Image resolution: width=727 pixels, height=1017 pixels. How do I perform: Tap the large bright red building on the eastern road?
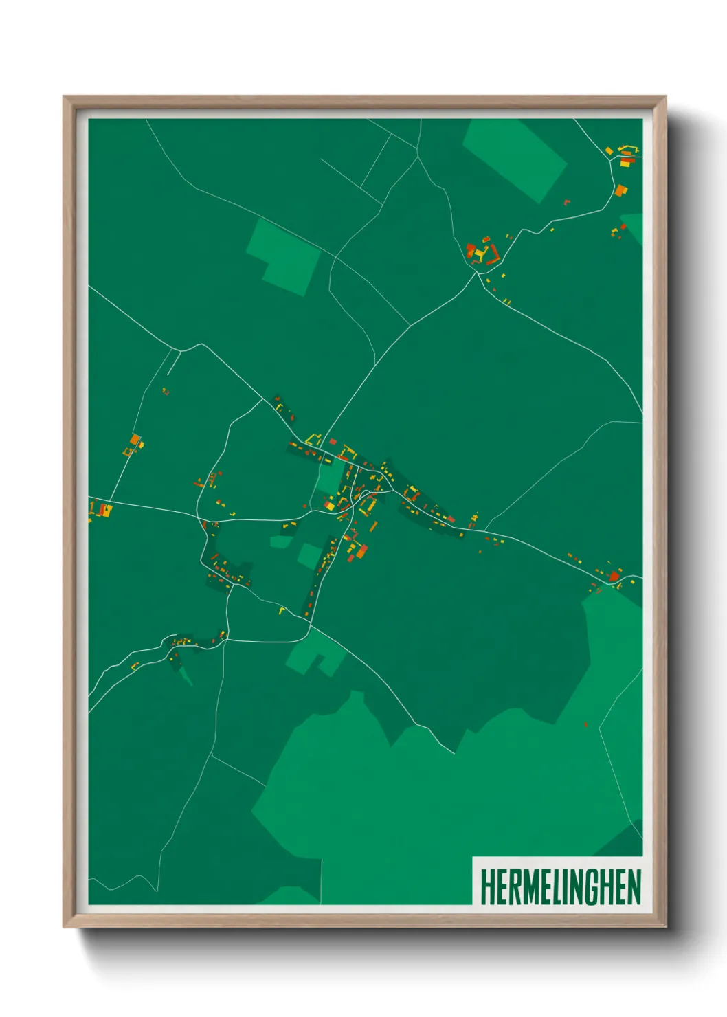click(x=613, y=576)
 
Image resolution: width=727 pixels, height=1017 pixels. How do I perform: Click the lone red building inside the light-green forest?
click(x=585, y=724)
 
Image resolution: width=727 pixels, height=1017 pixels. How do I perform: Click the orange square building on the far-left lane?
click(x=135, y=439)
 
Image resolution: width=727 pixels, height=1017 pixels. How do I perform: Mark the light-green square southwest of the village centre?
click(x=309, y=555)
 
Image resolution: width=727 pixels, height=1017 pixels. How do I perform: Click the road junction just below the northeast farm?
click(x=476, y=273)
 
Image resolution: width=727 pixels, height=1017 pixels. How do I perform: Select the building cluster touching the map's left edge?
click(x=100, y=510)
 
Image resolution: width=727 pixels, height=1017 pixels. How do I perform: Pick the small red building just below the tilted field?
click(x=567, y=202)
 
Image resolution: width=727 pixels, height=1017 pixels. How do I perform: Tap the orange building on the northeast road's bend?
click(x=620, y=190)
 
